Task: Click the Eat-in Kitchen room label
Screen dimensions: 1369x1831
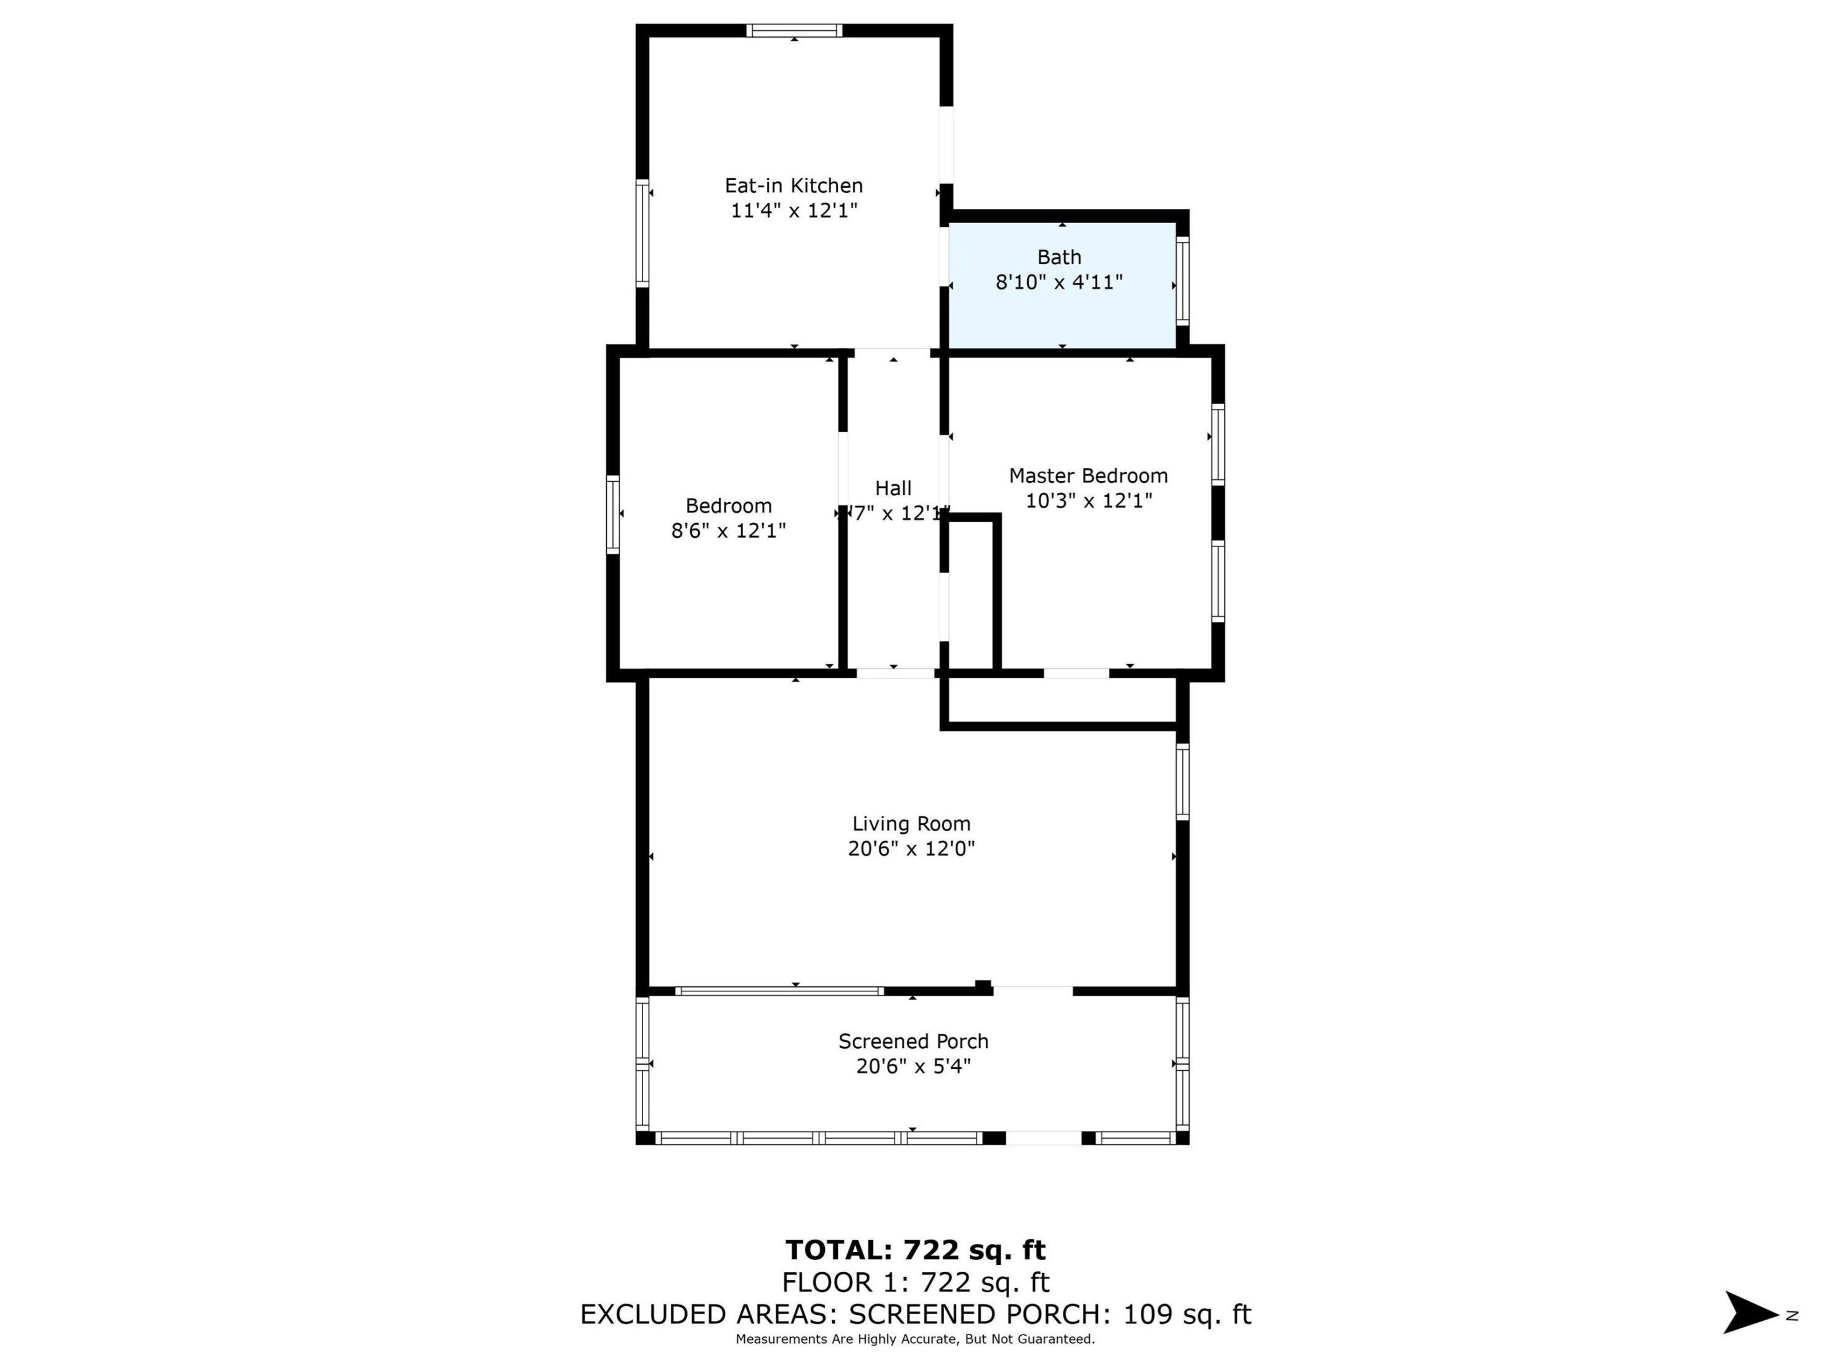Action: click(793, 185)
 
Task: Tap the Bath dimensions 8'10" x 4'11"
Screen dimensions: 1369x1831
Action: click(1058, 282)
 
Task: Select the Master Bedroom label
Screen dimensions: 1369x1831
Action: click(1087, 476)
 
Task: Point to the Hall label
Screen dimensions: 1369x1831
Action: click(893, 489)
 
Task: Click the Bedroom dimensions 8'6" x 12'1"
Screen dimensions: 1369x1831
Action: click(728, 530)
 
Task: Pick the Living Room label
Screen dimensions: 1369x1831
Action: click(911, 824)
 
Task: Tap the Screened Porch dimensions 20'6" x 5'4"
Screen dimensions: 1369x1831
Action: click(912, 1066)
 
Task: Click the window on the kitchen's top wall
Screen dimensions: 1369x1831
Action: click(794, 31)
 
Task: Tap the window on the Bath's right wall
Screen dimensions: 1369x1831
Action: click(1183, 282)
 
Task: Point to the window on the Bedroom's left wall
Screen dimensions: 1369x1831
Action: click(612, 514)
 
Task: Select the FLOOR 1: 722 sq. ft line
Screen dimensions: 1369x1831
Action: click(915, 1282)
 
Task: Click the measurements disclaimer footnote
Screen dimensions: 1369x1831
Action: click(915, 1339)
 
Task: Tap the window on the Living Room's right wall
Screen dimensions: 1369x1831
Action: click(1183, 781)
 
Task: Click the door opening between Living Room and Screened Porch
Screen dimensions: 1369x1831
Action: click(1032, 991)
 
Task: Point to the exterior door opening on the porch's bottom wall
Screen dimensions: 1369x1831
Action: click(1043, 1138)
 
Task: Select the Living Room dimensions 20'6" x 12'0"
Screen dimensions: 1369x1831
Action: click(911, 848)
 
